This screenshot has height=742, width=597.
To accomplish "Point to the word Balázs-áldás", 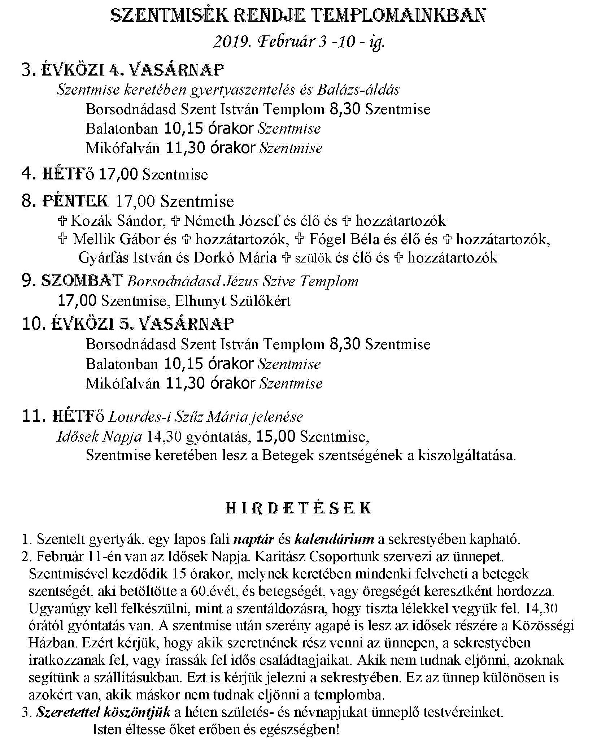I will [x=358, y=90].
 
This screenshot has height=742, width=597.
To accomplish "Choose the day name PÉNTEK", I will [x=76, y=201].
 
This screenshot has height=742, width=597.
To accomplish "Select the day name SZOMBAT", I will [x=82, y=281].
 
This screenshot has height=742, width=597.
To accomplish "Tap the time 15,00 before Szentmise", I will [x=276, y=437].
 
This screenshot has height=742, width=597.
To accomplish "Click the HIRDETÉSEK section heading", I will [x=298, y=508].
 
